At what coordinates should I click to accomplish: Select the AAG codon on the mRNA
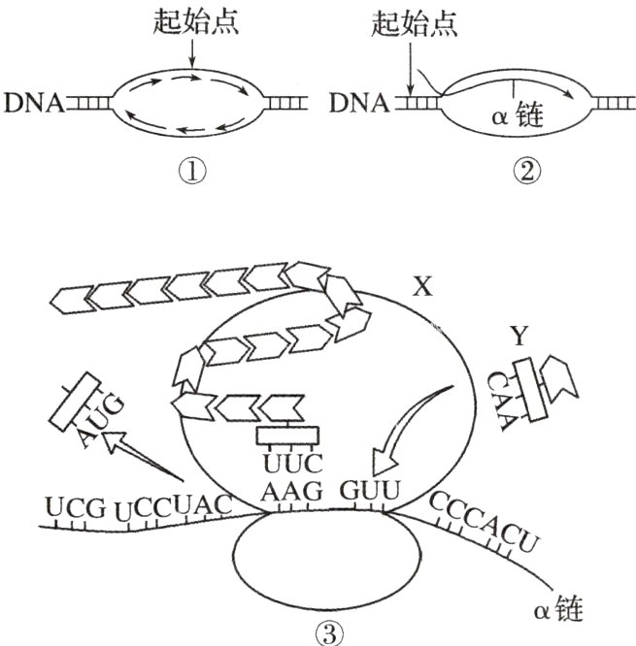coord(290,492)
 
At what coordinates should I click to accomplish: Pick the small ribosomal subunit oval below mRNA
coord(329,564)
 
